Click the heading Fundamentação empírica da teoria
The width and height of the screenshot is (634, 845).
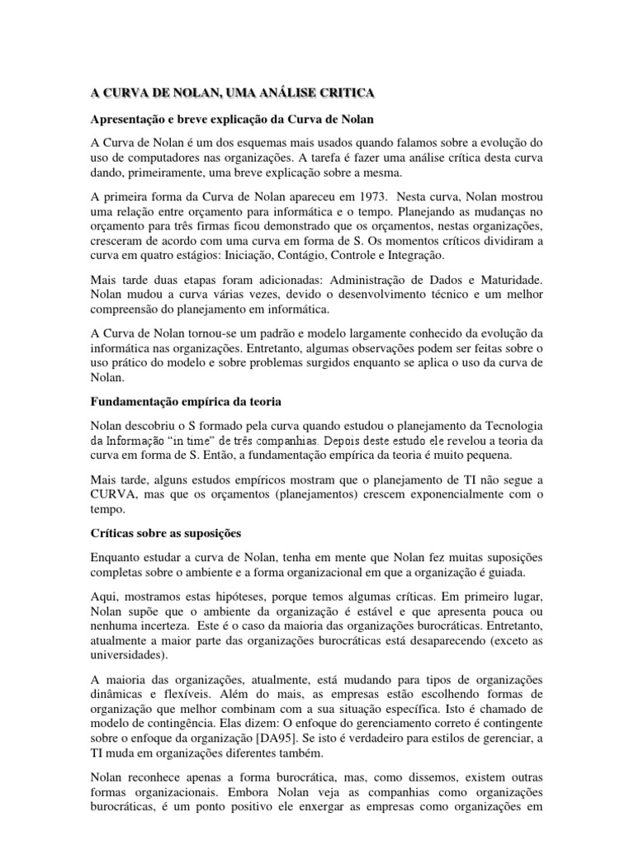pyautogui.click(x=186, y=402)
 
